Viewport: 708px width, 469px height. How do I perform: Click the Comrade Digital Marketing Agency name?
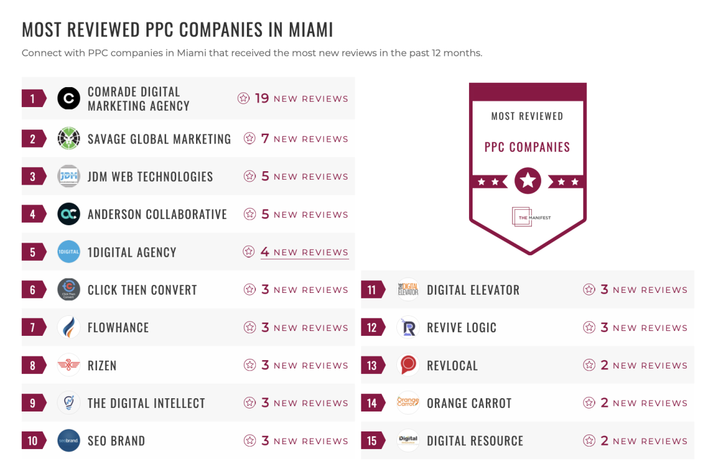tap(139, 99)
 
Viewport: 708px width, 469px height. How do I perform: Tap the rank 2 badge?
tap(33, 139)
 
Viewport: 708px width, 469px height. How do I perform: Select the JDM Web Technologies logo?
tap(68, 177)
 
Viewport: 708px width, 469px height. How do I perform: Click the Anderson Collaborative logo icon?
tap(68, 214)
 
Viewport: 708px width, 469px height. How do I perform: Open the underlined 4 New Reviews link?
tap(304, 252)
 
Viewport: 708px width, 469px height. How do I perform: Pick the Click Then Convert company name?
tap(142, 290)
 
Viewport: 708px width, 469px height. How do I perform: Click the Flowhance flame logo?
tap(68, 327)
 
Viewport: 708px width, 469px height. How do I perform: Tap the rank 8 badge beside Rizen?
tap(33, 366)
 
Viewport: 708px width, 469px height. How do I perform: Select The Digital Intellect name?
tap(146, 403)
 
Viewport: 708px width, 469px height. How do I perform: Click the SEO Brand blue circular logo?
tap(68, 441)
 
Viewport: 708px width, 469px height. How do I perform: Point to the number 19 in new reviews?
tap(261, 98)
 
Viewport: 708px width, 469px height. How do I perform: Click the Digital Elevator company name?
tap(473, 290)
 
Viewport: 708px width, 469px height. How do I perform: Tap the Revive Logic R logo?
tap(408, 327)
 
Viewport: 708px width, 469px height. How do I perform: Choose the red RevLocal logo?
tap(408, 365)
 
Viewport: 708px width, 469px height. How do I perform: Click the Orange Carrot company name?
tap(469, 403)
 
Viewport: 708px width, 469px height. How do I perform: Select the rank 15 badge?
tap(372, 441)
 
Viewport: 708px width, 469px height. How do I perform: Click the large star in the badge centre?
tap(528, 180)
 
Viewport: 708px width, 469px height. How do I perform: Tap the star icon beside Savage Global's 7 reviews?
tap(249, 139)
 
